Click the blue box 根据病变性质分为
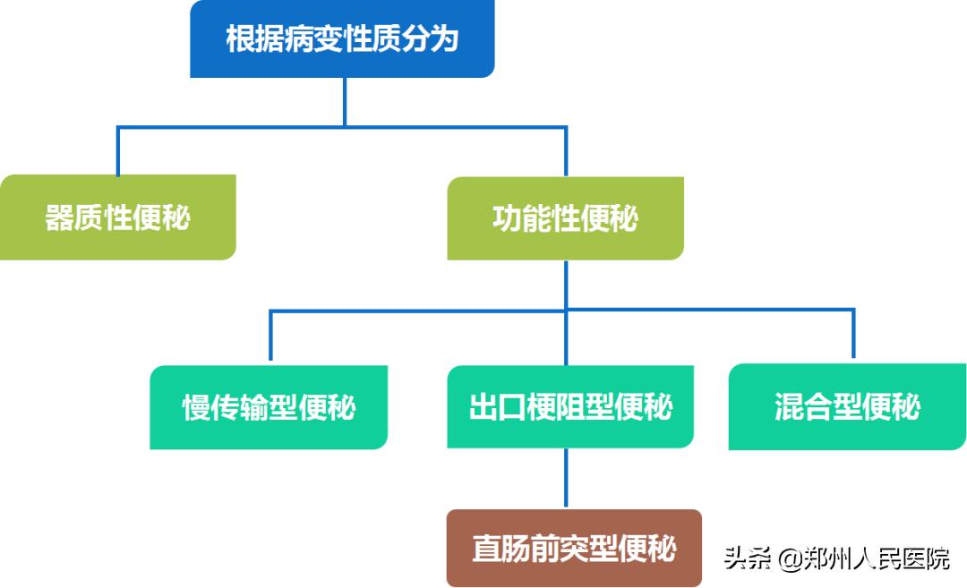point(342,39)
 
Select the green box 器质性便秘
point(117,217)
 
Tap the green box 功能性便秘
point(565,218)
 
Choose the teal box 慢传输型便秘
point(269,407)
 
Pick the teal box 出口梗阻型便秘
point(570,407)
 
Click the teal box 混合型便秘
point(847,407)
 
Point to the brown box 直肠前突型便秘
point(574,548)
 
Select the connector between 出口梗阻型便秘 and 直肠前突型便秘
point(566,479)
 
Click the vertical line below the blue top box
point(345,101)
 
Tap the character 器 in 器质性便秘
point(60,217)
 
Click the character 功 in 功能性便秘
point(507,218)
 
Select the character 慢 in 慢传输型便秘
point(197,407)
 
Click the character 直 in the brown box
point(487,548)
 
